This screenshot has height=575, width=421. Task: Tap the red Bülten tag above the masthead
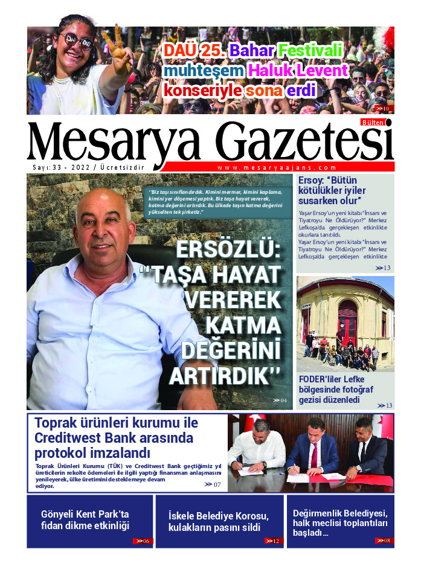373,122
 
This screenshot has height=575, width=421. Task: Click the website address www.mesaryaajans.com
277,168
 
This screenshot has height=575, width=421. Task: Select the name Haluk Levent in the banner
298,71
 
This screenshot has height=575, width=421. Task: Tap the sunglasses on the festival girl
77,42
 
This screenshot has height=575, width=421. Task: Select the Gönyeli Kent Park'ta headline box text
85,520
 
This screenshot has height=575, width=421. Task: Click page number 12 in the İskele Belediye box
274,541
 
